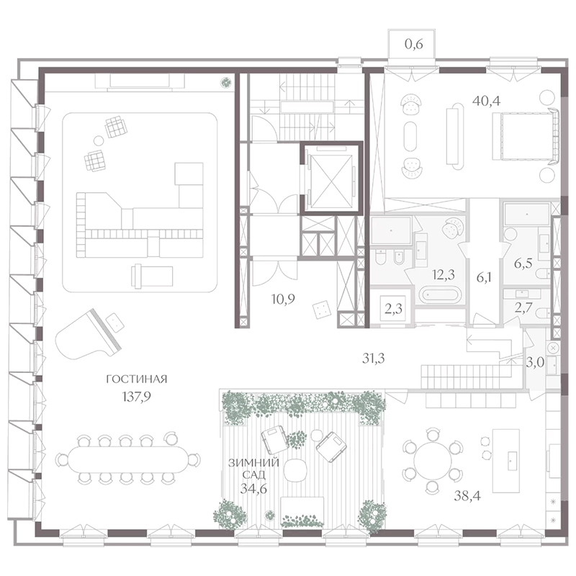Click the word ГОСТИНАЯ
(x=137, y=379)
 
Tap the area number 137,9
(x=136, y=397)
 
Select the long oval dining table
(x=128, y=459)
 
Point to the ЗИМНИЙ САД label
(x=254, y=469)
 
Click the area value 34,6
(x=253, y=489)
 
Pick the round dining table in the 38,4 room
(x=431, y=460)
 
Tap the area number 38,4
(x=467, y=496)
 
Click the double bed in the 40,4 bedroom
(x=526, y=136)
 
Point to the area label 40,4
(x=487, y=100)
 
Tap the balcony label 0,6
(x=413, y=44)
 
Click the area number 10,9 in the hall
(x=283, y=300)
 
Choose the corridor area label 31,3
(x=373, y=358)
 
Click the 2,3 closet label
(x=393, y=309)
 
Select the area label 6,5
(x=523, y=264)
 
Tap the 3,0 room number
(x=535, y=363)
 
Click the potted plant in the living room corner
(x=226, y=82)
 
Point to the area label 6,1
(x=484, y=278)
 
